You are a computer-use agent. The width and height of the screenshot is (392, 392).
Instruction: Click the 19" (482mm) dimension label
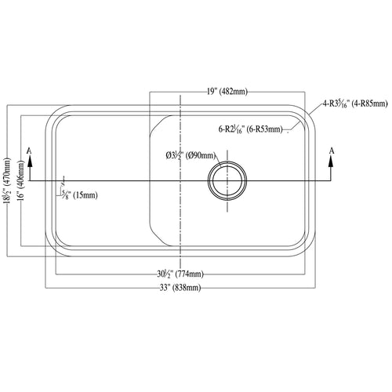(227, 92)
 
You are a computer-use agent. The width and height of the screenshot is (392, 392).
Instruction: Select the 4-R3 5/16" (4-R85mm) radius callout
(355, 104)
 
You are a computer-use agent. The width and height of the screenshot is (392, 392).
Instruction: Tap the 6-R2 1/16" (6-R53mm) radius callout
(251, 129)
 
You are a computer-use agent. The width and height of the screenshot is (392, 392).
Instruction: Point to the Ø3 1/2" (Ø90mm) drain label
(191, 156)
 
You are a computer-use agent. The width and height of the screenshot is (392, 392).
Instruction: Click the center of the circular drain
(227, 180)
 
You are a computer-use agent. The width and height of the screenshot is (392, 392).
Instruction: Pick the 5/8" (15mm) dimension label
(79, 195)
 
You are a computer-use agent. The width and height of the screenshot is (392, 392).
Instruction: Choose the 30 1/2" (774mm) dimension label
(180, 274)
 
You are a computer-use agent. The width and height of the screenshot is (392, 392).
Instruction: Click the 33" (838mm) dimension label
(180, 288)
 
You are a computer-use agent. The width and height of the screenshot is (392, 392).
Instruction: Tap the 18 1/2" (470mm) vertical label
(9, 180)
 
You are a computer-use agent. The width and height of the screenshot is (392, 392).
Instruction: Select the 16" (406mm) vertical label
(21, 180)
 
